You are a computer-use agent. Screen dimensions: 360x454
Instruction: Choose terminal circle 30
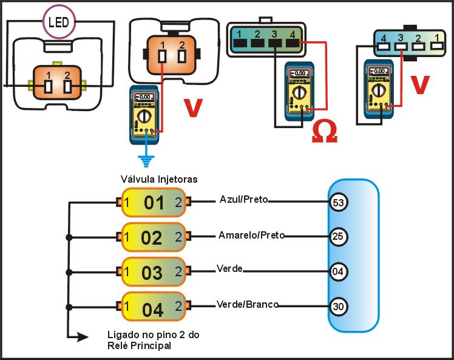pos(339,307)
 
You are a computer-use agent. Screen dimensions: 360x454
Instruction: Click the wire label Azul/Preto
pos(244,199)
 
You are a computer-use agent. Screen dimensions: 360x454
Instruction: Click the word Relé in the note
pos(118,347)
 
